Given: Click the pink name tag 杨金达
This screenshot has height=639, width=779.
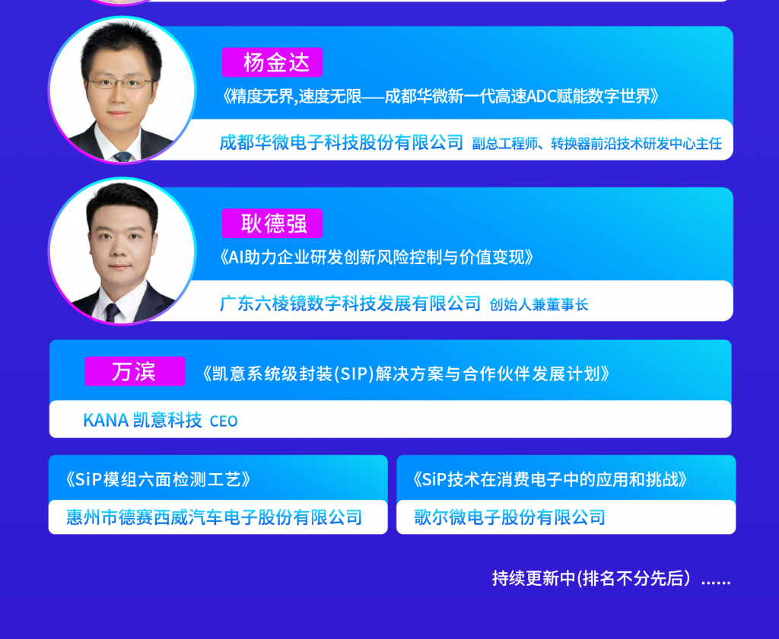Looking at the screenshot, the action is click(272, 62).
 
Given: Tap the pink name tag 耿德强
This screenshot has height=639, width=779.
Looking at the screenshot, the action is click(272, 224).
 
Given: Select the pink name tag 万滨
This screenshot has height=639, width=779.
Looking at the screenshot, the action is click(135, 371).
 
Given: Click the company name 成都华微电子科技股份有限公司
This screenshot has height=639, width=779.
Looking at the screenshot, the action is click(342, 142).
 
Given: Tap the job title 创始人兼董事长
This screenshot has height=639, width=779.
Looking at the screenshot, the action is click(539, 304).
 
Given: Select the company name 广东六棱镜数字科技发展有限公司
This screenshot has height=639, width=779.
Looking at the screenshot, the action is click(350, 303).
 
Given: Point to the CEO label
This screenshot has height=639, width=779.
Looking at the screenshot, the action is click(224, 421).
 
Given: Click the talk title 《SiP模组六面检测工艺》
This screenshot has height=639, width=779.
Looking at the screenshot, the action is click(157, 479).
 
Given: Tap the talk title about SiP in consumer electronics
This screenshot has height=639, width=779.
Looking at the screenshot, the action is click(550, 479).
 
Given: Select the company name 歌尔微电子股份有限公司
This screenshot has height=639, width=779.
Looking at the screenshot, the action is click(510, 517).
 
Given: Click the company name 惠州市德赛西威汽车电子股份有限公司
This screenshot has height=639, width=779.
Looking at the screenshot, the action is click(214, 517).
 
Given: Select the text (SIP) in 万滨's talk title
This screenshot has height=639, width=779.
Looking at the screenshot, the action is click(354, 374).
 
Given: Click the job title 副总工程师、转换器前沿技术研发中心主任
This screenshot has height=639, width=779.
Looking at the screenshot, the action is click(596, 144).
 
